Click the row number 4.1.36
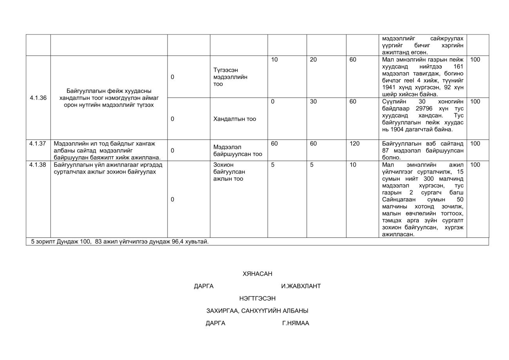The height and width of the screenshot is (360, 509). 38,98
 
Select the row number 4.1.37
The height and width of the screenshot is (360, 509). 38,144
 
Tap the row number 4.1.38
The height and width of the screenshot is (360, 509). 38,165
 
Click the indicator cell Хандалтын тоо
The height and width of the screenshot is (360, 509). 234,119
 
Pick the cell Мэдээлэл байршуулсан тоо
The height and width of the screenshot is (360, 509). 238,151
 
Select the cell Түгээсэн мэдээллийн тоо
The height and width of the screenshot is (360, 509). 230,77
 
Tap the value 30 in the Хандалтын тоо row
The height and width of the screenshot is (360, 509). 313,102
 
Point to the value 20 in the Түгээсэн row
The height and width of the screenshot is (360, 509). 313,60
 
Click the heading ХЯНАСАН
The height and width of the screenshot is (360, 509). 257,274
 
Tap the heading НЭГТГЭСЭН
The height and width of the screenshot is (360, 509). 257,298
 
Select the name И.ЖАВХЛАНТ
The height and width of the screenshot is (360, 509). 301,286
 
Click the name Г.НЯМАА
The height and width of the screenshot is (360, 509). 295,323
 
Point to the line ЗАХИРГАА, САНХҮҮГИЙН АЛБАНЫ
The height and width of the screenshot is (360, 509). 257,311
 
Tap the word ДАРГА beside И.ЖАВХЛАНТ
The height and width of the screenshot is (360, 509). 204,286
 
